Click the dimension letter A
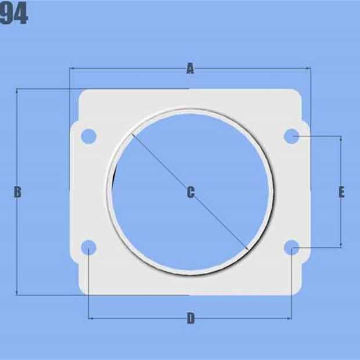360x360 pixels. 190,69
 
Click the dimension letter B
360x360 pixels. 17,192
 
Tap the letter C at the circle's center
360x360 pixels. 190,192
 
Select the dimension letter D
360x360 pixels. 190,318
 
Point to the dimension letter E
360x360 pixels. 341,192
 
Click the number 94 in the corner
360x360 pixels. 13,15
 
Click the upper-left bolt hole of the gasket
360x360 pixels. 88,136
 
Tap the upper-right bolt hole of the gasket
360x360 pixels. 291,136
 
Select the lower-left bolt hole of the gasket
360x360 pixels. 88,249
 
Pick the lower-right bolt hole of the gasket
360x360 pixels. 291,249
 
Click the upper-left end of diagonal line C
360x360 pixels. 132,135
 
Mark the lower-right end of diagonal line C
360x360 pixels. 249,250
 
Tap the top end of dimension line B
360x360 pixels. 17,89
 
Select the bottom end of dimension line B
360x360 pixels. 17,295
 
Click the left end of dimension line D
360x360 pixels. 88,318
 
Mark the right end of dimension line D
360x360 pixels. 291,318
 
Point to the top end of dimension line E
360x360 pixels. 341,137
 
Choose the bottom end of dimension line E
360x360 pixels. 341,248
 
